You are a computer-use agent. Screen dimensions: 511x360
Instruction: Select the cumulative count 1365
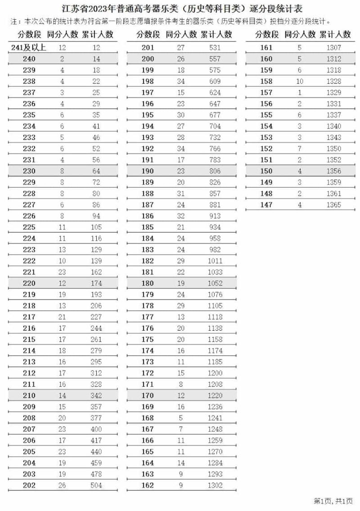point(333,205)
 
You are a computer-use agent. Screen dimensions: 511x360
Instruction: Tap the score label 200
point(148,59)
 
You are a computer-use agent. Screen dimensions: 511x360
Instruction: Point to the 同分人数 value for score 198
point(181,81)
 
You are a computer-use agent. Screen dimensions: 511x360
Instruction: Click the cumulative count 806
point(215,171)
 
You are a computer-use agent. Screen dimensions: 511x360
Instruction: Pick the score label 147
point(266,205)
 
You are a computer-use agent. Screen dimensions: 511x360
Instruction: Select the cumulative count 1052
point(215,283)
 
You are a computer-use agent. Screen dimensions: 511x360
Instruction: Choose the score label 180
point(148,283)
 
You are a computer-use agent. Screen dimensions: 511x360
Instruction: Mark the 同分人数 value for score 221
point(62,272)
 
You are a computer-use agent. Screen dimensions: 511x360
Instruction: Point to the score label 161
point(266,48)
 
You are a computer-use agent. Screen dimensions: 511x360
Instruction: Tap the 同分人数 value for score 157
point(300,93)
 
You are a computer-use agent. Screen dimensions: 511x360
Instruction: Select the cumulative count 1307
point(333,48)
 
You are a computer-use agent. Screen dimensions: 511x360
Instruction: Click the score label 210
point(29,396)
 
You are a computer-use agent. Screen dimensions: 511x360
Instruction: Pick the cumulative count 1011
point(215,261)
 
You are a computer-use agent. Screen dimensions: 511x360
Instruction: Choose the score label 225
point(29,227)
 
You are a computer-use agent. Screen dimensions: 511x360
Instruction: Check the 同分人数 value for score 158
point(300,81)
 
